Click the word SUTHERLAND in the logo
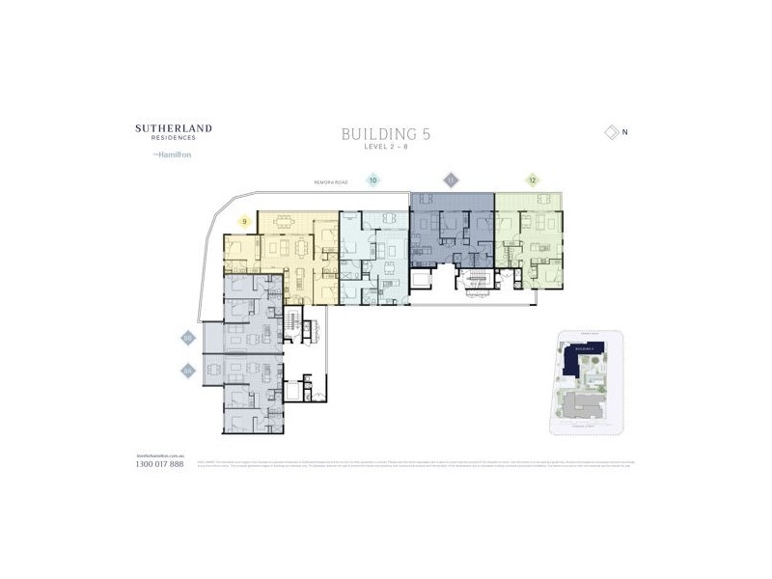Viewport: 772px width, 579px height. [174, 127]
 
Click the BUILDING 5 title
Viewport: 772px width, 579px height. [385, 134]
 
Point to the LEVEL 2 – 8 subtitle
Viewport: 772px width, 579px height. [385, 148]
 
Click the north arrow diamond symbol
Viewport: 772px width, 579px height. [609, 132]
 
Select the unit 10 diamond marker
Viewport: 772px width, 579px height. [372, 179]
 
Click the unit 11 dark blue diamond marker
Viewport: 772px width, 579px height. [450, 179]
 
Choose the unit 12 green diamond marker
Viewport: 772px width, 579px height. [532, 179]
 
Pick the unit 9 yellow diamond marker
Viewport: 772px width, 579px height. [245, 222]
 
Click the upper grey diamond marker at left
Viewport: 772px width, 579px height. [188, 338]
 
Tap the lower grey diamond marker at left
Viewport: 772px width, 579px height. [188, 370]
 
